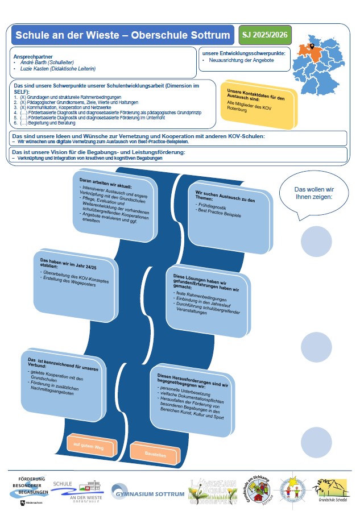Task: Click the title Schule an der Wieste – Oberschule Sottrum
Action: click(123, 35)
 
